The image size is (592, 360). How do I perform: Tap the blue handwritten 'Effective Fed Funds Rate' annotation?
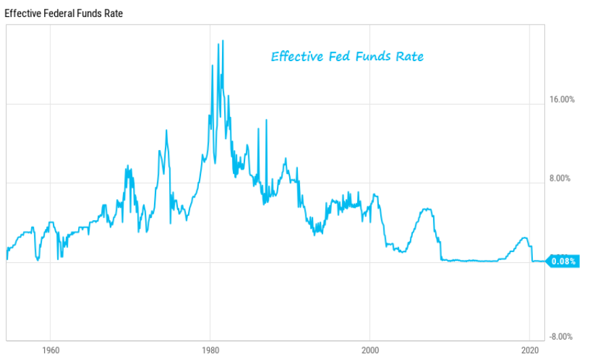(347, 56)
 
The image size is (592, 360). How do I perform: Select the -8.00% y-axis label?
(562, 337)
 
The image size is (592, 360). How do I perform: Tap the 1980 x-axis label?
(210, 351)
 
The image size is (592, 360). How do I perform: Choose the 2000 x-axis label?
(370, 351)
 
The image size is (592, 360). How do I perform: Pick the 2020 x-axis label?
(530, 351)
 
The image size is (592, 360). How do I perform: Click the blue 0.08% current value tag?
(563, 262)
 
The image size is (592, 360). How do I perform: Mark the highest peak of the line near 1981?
(223, 41)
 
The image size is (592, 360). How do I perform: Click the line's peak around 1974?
(166, 130)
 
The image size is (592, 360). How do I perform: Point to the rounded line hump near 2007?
(426, 209)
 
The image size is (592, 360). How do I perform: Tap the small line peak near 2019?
(523, 238)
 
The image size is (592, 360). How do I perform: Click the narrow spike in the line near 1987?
(266, 120)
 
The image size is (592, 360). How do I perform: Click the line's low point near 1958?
(38, 259)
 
